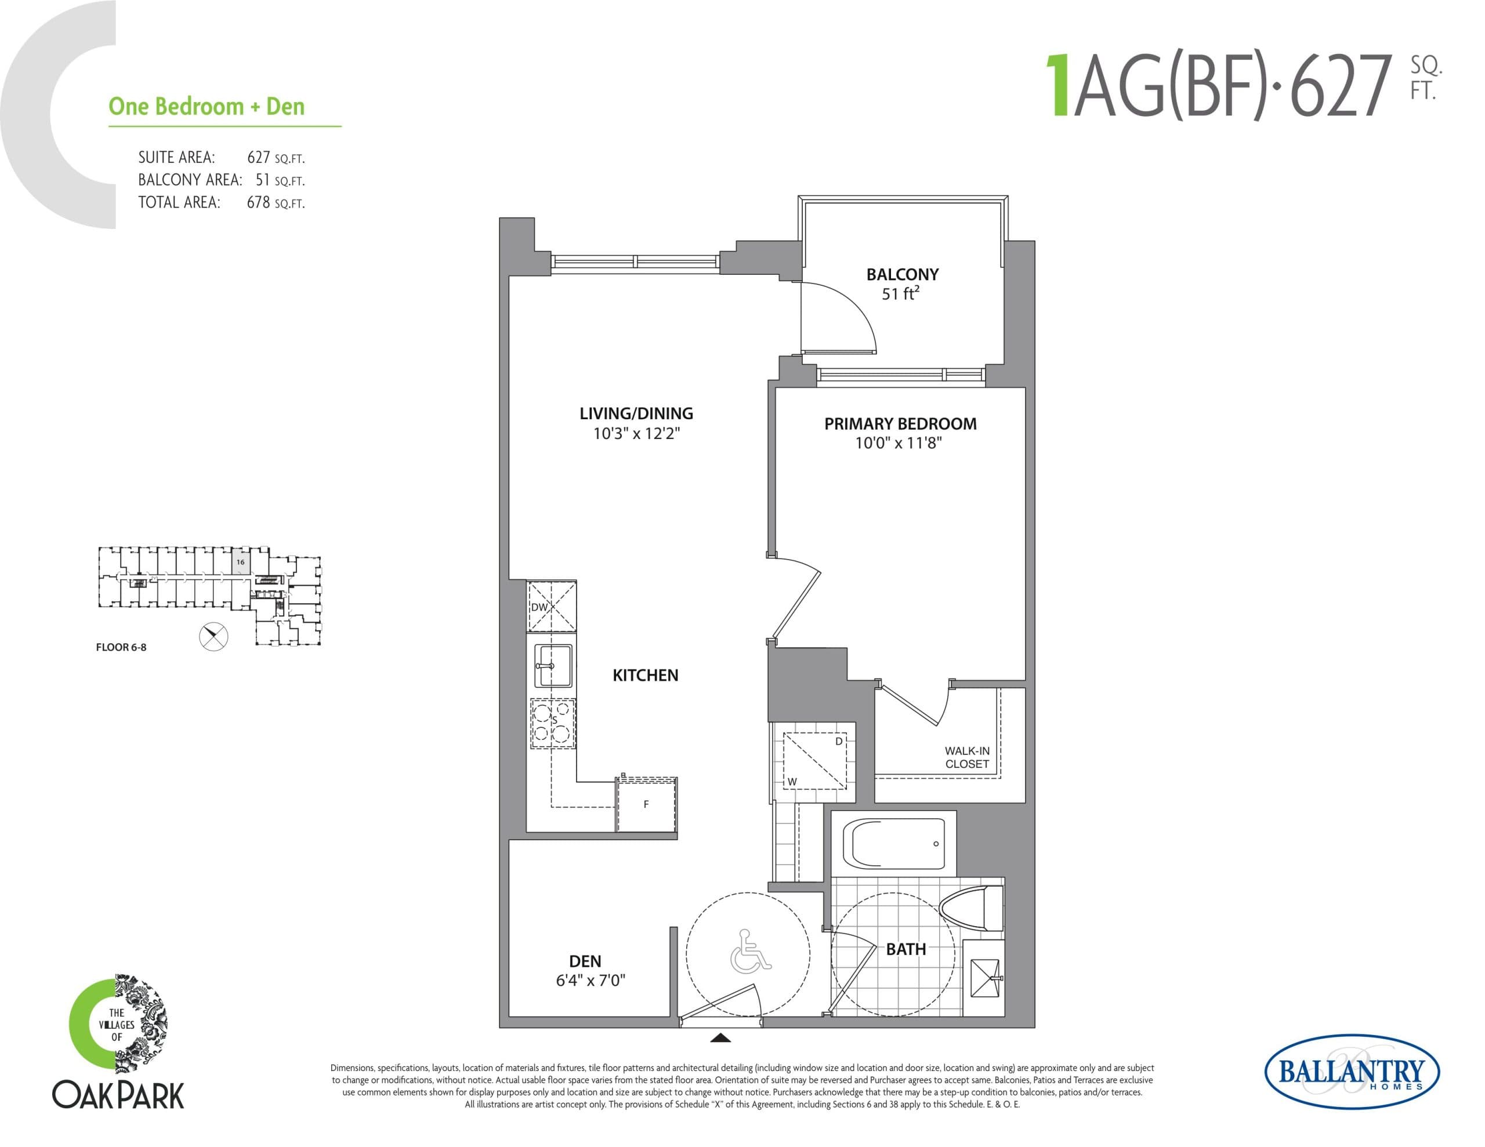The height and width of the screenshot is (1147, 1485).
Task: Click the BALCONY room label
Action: click(901, 275)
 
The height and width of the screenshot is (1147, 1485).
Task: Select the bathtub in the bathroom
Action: click(893, 844)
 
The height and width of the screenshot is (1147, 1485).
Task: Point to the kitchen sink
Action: click(553, 666)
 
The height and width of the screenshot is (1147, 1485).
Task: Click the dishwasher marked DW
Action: click(552, 607)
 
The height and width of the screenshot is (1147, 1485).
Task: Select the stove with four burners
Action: click(552, 724)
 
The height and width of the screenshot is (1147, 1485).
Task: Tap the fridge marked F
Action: click(647, 804)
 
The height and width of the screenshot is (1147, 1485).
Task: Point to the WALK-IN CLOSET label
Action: click(967, 757)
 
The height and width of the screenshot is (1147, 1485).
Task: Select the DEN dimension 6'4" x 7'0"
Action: click(589, 981)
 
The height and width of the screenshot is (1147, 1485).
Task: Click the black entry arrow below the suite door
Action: click(720, 1038)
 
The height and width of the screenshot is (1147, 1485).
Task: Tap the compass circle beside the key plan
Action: click(213, 636)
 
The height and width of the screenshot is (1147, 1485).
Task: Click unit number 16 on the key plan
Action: click(240, 561)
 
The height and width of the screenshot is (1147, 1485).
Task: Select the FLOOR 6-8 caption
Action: click(121, 647)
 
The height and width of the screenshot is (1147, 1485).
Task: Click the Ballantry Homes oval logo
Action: click(1351, 1072)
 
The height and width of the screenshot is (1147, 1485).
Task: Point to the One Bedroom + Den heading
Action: click(207, 107)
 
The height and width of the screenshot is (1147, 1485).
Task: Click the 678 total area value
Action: click(258, 202)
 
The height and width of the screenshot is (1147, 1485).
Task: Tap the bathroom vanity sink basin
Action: click(984, 978)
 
